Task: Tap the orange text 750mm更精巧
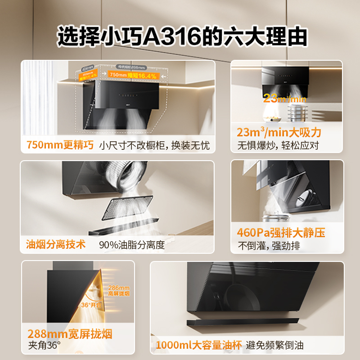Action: coord(60,145)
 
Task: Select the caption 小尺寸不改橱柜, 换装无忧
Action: coord(154,146)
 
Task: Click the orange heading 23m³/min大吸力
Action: coord(279,133)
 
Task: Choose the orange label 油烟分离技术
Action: coord(56,244)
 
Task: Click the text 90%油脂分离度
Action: coord(132,245)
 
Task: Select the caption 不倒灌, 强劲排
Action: coord(269,246)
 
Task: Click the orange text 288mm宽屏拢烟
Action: coord(70,334)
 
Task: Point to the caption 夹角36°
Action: coord(44,346)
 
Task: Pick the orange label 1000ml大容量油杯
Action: coord(198,346)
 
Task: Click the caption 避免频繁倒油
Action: coord(275,346)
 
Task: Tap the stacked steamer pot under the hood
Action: coord(296,113)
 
